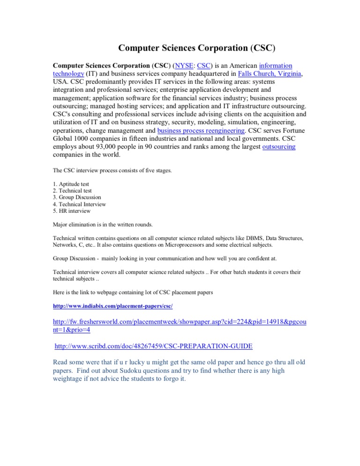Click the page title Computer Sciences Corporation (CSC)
coord(196,48)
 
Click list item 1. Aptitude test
coord(71,184)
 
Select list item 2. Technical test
coord(72,191)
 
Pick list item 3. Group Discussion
coord(77,197)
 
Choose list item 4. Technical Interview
coord(79,204)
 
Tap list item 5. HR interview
coord(72,211)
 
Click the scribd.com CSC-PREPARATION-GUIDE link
coord(154,346)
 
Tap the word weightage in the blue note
coord(71,379)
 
